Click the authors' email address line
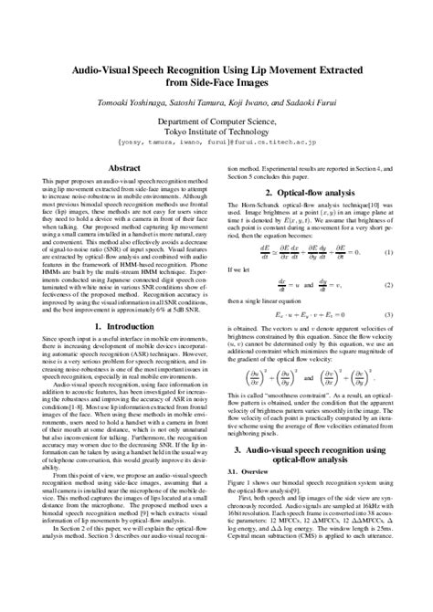click(216, 143)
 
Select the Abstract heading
click(124, 169)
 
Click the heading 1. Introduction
click(124, 325)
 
